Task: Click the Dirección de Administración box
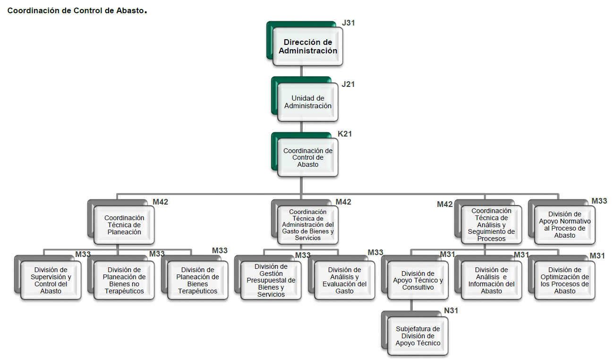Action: click(x=307, y=46)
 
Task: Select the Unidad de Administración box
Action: click(x=307, y=102)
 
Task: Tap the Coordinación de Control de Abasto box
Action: click(x=307, y=157)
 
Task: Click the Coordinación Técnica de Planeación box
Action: click(x=124, y=225)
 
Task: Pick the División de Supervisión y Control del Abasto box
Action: click(x=51, y=280)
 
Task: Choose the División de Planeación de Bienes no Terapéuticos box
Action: click(x=124, y=280)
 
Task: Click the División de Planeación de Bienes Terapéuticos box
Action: click(x=197, y=280)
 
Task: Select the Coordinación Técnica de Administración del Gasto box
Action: click(x=307, y=225)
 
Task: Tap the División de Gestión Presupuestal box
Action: click(x=271, y=280)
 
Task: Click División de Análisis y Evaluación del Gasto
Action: click(x=344, y=280)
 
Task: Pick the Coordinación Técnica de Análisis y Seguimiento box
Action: click(x=491, y=224)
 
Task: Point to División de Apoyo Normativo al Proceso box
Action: click(x=564, y=224)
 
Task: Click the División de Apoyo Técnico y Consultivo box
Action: click(x=418, y=280)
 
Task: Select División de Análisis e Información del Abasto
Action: click(x=491, y=280)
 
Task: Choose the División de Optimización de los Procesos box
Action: click(x=564, y=280)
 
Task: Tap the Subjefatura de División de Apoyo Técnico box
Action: click(x=418, y=336)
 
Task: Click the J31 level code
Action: click(x=348, y=23)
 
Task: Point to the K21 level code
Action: click(x=345, y=134)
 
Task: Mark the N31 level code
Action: click(x=451, y=310)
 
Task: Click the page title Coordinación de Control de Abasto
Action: click(x=76, y=10)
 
